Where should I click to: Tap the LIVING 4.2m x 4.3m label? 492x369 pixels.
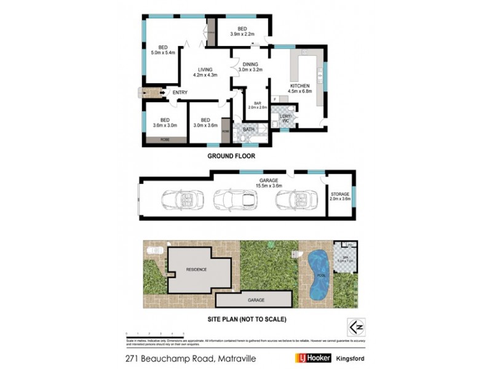coord(205,73)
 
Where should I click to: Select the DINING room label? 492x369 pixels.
coord(250,67)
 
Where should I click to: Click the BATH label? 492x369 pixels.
coord(248,129)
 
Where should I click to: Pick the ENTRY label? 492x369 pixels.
coord(180,93)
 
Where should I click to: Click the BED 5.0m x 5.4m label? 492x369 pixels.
coord(163,50)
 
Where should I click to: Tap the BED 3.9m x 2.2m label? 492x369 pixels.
coord(242,31)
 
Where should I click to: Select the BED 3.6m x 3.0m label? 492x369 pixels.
coord(165,123)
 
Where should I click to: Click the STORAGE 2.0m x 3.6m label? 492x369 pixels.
coord(340,196)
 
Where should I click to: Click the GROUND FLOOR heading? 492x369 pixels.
coord(231,156)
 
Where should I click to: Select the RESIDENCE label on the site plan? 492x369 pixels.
coord(197,270)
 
